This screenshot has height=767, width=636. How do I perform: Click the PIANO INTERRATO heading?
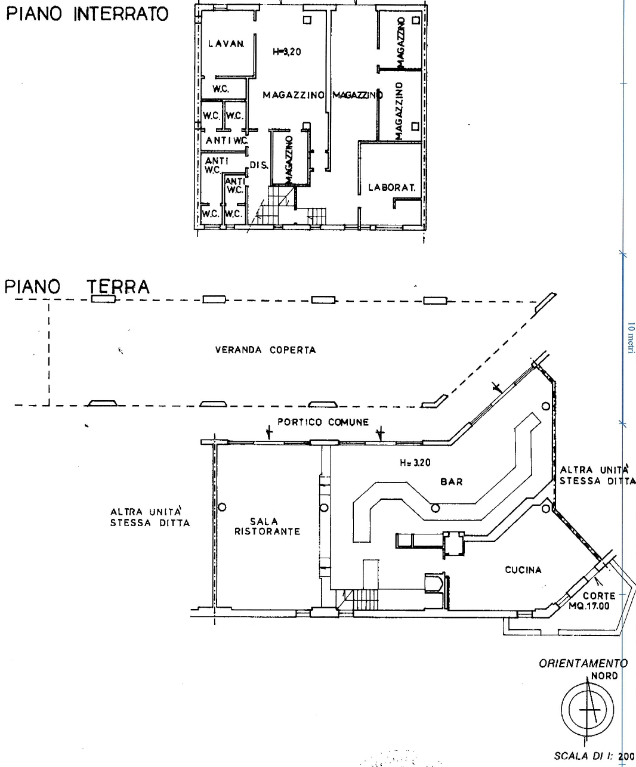coord(88,14)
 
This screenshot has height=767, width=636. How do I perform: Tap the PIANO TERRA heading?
coord(77,286)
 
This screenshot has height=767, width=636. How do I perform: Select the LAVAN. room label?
coord(226,44)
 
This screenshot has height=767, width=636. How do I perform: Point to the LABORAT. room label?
coord(391,187)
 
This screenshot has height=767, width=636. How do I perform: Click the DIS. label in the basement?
coord(259,165)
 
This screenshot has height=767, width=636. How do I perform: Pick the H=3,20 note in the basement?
coord(287,52)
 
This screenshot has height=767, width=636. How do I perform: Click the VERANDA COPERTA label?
coord(265,350)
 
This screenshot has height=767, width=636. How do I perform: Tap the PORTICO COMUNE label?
coord(323,422)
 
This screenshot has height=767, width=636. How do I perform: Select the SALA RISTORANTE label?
coord(267,527)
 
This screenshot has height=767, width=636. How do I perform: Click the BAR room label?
coord(452,481)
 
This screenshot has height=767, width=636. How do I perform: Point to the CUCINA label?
coord(523,570)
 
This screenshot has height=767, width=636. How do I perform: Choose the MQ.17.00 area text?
coord(589,606)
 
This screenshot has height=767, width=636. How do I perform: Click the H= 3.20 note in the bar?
coord(415,462)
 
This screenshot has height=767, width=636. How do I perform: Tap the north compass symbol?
coord(588,709)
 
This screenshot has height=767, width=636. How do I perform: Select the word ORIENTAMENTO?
coord(583,663)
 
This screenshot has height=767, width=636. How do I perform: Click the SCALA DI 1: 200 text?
coord(594,756)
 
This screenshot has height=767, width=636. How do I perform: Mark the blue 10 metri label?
coord(631,338)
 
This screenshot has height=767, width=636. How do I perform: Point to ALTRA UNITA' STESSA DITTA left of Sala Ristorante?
coord(150,517)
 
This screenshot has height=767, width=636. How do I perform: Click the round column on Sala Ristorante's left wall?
coord(222,507)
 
